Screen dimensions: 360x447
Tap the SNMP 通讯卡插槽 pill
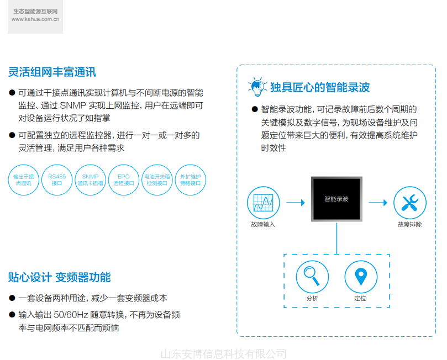91,179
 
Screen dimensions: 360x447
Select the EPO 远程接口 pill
124,179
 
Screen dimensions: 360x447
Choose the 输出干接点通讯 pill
24,179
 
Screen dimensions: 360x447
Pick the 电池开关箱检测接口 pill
157,179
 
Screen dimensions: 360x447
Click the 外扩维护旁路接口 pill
190,179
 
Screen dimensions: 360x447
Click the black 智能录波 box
336,199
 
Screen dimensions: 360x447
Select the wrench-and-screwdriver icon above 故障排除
410,203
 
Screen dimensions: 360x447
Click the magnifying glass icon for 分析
313,276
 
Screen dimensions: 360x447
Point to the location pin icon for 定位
361,276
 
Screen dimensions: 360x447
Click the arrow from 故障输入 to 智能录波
295,203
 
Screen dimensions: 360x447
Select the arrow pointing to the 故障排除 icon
378,203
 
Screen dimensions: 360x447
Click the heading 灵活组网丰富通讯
52,72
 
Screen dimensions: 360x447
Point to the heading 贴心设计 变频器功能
60,277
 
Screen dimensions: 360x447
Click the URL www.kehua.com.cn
35,19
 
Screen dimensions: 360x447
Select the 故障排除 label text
409,225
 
